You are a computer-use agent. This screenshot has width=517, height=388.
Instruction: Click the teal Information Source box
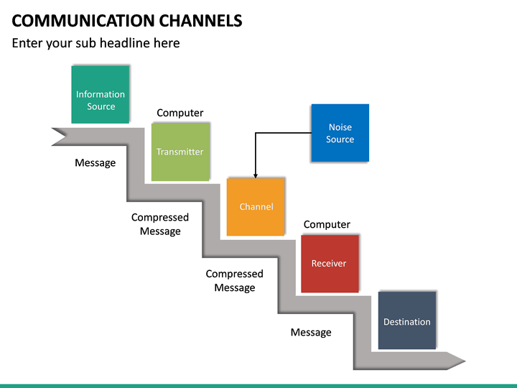(101, 94)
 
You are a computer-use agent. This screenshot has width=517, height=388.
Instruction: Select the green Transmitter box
(180, 152)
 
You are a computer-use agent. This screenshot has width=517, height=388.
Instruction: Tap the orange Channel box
(256, 206)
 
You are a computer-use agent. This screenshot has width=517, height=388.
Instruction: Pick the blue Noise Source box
(340, 133)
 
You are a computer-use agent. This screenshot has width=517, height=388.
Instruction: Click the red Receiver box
(329, 263)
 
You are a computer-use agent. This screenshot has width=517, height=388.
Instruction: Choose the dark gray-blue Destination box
(406, 320)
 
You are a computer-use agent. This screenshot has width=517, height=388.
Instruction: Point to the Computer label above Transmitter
(180, 113)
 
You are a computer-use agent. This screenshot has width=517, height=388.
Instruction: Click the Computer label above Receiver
(327, 224)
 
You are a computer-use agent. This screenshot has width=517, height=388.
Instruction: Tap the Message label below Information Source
(95, 163)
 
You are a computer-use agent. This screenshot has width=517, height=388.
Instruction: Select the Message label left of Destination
(311, 332)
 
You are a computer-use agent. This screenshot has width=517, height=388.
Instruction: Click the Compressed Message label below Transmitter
(160, 224)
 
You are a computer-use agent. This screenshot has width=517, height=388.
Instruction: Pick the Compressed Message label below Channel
(235, 281)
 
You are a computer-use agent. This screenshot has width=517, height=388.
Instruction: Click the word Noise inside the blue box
(340, 127)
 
